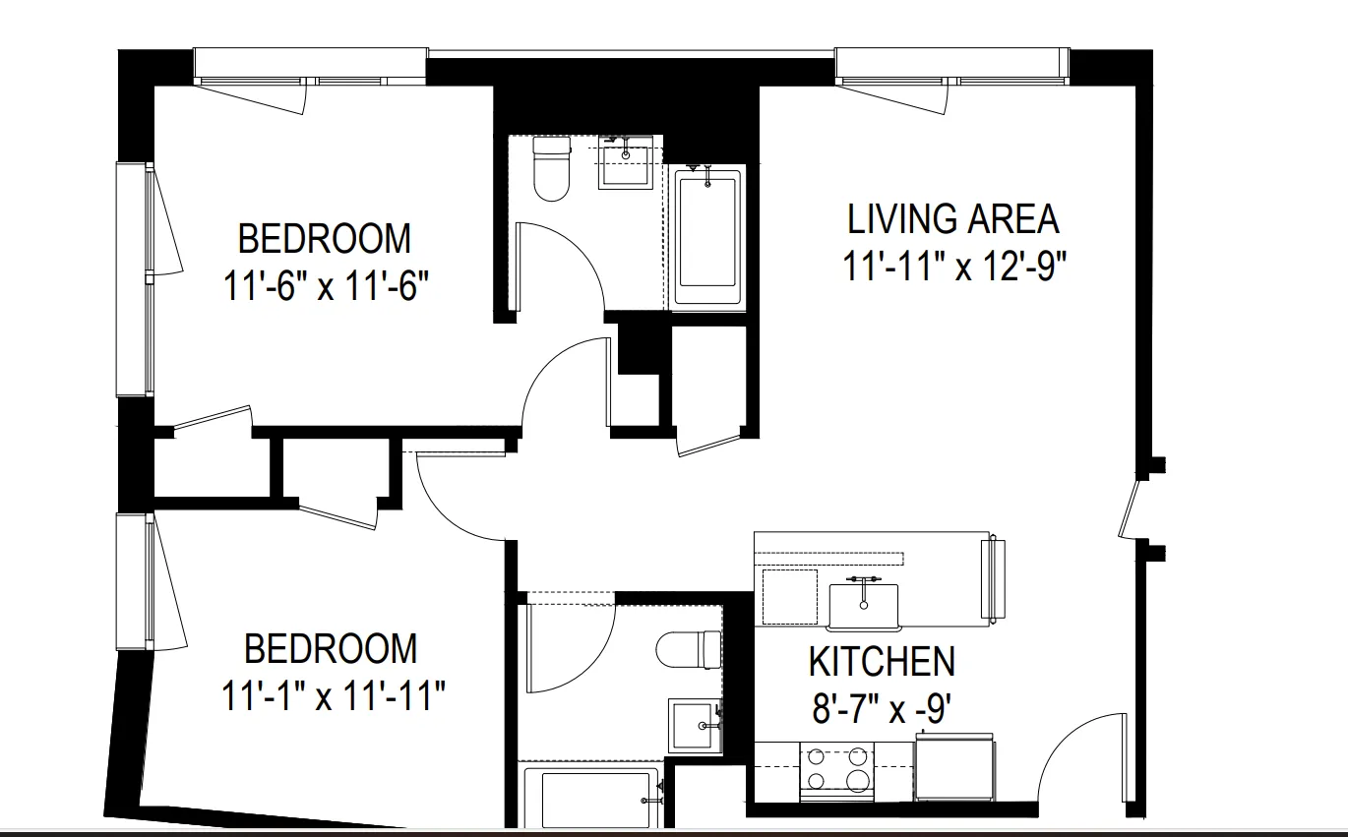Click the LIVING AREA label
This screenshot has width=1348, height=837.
tap(952, 219)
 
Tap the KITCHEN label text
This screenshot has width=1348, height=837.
tap(882, 662)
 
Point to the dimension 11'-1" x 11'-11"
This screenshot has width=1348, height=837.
tap(334, 697)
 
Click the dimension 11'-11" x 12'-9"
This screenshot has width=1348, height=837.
tap(955, 267)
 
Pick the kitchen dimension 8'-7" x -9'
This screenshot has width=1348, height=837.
tap(880, 709)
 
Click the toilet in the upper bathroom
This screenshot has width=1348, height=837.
tap(551, 168)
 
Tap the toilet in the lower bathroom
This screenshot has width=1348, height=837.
tap(690, 649)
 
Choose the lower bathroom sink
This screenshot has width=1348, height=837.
tap(695, 726)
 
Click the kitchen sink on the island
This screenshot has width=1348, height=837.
tap(864, 606)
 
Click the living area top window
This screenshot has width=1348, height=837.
tap(951, 66)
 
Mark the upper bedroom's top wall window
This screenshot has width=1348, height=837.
tap(310, 66)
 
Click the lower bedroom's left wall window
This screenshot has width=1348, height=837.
tap(135, 581)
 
